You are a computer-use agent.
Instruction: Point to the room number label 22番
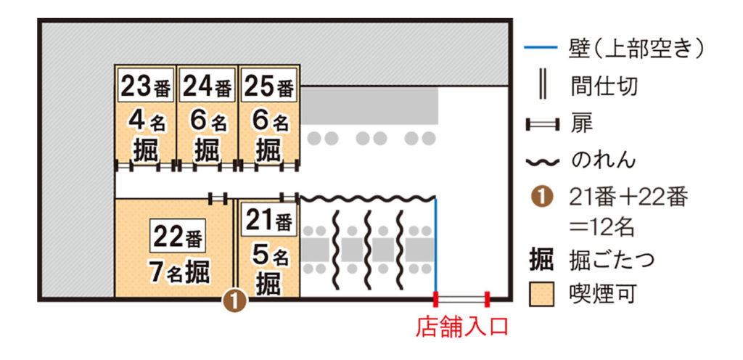tap(178, 236)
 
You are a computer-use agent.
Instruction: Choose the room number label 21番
tap(268, 220)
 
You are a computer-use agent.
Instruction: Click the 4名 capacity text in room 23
tap(145, 120)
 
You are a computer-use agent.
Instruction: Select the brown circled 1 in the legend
tap(541, 196)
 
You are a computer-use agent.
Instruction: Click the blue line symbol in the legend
tap(541, 50)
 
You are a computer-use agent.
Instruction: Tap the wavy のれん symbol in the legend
tap(541, 160)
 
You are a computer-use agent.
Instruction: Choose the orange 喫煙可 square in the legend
tap(541, 293)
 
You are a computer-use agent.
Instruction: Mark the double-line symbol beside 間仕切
tap(541, 86)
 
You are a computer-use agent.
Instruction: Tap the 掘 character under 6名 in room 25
tap(268, 150)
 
